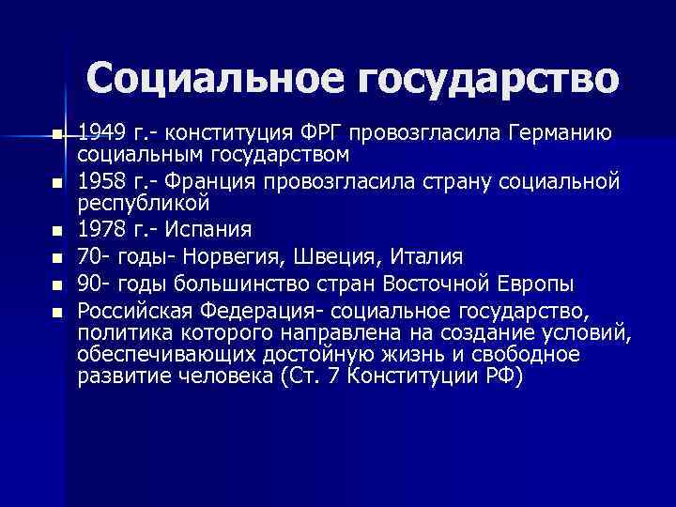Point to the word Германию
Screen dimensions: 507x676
560,133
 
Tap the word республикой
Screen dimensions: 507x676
143,202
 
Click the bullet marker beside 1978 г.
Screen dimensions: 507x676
57,229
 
